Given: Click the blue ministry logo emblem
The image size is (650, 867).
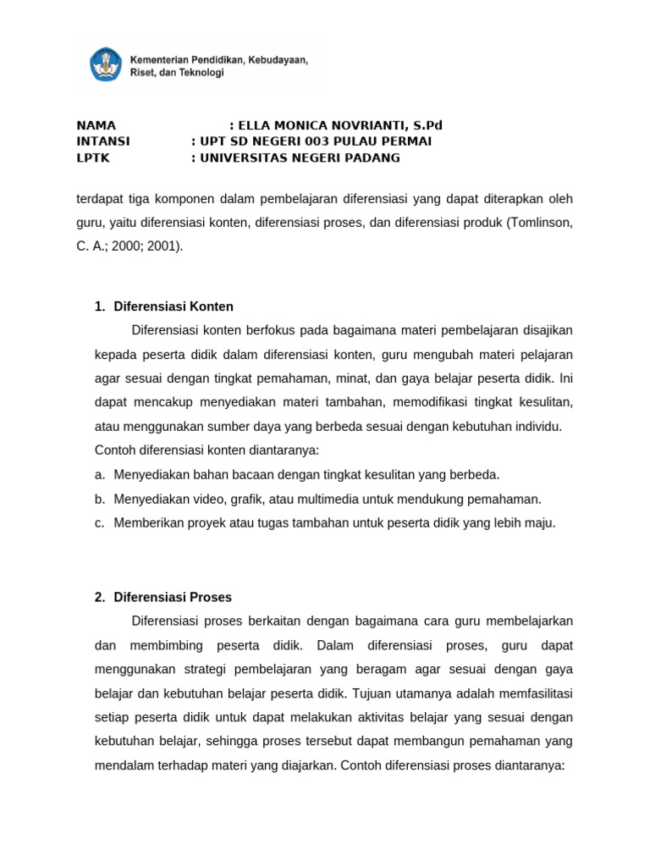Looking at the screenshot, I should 106,65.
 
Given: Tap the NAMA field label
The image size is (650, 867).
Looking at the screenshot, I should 96,125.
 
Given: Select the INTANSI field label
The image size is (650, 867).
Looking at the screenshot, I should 103,141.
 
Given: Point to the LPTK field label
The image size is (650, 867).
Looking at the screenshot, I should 93,157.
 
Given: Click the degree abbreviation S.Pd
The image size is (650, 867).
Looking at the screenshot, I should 427,125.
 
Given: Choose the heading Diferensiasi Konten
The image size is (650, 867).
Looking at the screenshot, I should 174,306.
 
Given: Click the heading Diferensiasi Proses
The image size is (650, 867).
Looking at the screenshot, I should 173,597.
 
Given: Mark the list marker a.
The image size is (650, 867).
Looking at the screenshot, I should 100,474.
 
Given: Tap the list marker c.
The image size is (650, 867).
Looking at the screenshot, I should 100,522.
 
